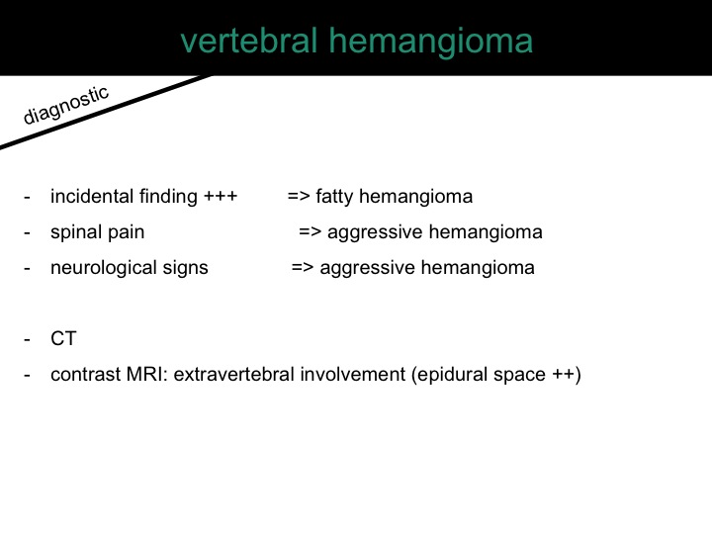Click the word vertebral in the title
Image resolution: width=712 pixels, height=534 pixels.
(248, 41)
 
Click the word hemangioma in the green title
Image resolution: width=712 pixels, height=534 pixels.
(431, 43)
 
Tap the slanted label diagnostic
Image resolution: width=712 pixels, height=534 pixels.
(66, 105)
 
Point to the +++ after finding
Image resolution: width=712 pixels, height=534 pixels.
(221, 197)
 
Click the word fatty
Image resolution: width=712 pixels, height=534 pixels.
(334, 197)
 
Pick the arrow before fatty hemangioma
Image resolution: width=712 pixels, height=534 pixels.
(299, 197)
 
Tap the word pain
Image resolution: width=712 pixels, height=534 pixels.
(127, 233)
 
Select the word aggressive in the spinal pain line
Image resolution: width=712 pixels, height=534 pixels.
(375, 233)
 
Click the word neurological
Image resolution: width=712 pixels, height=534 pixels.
(103, 268)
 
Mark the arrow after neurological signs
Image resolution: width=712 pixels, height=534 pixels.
(303, 267)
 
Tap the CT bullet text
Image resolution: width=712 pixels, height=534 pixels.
(63, 339)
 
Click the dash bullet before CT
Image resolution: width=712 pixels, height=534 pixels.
(28, 339)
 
